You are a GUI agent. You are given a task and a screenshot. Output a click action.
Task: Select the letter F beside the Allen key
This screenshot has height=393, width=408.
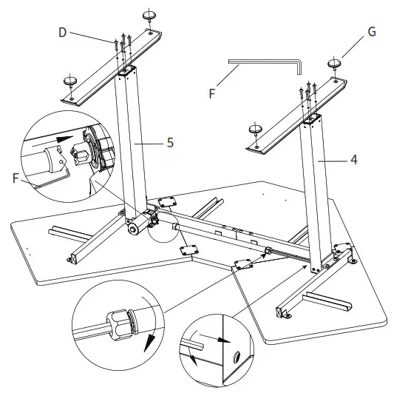tap(212, 94)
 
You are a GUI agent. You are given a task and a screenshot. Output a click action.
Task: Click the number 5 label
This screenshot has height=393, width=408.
tap(171, 143)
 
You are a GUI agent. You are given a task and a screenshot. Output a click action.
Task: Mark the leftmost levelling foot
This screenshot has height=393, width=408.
tap(72, 81)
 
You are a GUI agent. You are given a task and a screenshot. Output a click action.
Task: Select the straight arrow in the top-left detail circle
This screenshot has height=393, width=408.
tap(64, 139)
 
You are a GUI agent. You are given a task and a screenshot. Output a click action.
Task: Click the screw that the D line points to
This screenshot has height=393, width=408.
tap(118, 46)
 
